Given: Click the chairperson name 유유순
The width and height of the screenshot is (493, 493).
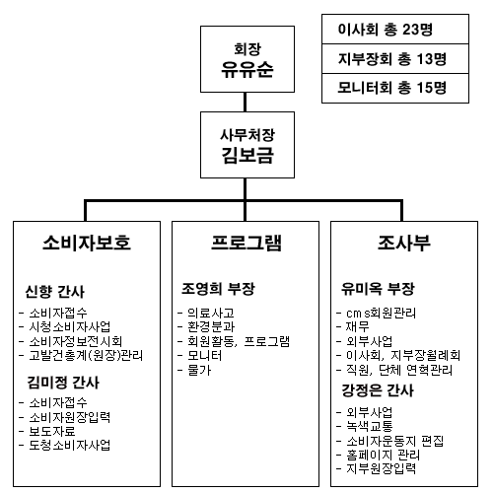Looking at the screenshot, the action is point(247,70).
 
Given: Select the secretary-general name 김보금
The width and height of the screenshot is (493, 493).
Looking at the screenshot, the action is point(247,155).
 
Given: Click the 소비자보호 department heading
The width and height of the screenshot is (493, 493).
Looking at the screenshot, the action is point(87,243).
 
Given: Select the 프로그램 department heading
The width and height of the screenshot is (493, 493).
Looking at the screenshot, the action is point(246,243).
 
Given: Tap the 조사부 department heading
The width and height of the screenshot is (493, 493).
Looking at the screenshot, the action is point(404,243).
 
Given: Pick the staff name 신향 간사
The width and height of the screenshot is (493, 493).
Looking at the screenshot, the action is point(55,292).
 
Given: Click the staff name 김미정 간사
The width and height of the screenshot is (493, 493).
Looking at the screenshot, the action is point(63,383).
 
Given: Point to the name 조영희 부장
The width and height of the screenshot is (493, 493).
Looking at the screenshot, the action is point(218,289).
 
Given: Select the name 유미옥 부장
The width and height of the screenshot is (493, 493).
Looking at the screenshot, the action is point(378,289).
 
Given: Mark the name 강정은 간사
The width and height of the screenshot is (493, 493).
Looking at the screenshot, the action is point(378,390).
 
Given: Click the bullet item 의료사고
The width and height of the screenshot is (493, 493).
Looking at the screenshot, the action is point(211,313).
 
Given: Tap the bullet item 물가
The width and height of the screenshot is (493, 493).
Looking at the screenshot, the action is point(199,370).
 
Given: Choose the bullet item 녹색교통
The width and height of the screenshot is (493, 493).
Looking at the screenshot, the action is point(370,426).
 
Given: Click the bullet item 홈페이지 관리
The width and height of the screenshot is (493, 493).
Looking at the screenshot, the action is point(383,456).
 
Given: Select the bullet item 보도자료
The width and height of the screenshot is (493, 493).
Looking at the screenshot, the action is point(52,431).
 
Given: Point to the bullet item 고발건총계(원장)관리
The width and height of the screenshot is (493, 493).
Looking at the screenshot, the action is point(86,355).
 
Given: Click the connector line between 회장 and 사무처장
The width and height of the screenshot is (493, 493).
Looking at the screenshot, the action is point(245,102).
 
